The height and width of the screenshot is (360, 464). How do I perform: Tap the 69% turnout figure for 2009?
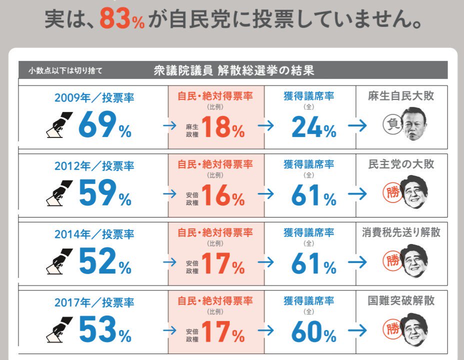pyautogui.click(x=105, y=124)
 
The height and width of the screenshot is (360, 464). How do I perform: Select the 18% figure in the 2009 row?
pyautogui.click(x=223, y=127)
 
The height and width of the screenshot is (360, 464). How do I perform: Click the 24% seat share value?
pyautogui.click(x=313, y=127)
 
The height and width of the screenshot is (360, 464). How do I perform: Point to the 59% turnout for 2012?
pyautogui.click(x=105, y=192)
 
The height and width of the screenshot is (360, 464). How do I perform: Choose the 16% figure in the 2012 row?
pyautogui.click(x=223, y=195)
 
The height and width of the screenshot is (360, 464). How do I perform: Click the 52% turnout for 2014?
pyautogui.click(x=105, y=261)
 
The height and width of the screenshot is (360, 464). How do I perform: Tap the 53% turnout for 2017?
pyautogui.click(x=105, y=329)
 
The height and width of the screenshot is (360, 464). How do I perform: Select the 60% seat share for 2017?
pyautogui.click(x=313, y=331)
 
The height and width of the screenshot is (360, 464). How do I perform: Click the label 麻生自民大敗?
pyautogui.click(x=401, y=96)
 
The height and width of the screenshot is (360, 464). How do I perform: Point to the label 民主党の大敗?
pyautogui.click(x=401, y=164)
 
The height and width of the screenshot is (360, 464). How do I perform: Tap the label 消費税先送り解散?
pyautogui.click(x=401, y=232)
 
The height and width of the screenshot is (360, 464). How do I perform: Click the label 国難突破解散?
pyautogui.click(x=401, y=300)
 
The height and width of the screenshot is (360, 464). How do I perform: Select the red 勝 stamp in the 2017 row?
pyautogui.click(x=392, y=328)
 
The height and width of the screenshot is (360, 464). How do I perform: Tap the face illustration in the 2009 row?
pyautogui.click(x=414, y=124)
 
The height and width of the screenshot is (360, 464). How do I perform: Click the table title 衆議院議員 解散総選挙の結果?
pyautogui.click(x=234, y=70)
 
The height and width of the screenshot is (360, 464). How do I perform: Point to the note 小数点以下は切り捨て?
pyautogui.click(x=65, y=70)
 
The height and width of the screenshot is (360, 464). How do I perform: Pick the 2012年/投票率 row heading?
pyautogui.click(x=94, y=165)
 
